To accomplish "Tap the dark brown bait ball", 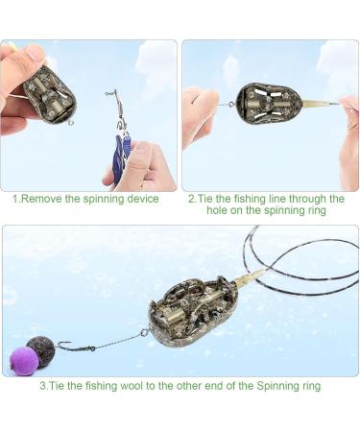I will click(x=41, y=348).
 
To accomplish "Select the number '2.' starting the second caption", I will click(x=192, y=199).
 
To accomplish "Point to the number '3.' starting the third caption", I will click(x=43, y=386).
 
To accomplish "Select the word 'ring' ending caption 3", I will click(x=309, y=386).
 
